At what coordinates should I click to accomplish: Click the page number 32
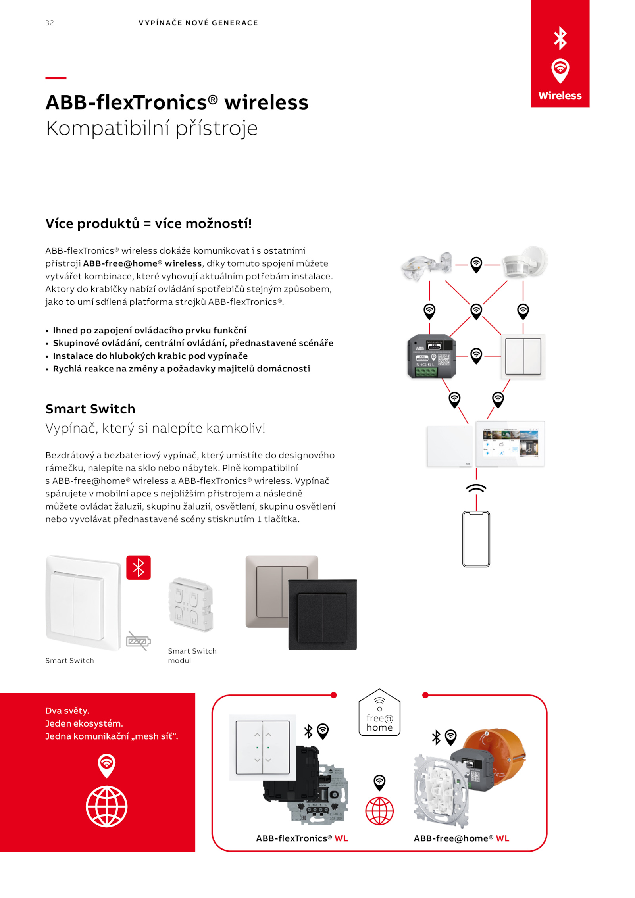[x=49, y=23]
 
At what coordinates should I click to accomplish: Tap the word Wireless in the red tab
[x=560, y=96]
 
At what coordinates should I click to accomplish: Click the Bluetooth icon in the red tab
[x=560, y=38]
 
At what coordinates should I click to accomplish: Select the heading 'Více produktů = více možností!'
[x=148, y=223]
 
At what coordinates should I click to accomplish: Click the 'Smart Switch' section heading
[x=90, y=409]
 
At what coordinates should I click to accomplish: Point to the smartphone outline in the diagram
[x=476, y=539]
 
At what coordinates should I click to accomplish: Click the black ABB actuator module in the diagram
[x=431, y=356]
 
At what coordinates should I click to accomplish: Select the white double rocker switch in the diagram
[x=523, y=356]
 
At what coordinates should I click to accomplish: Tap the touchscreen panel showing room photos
[x=510, y=444]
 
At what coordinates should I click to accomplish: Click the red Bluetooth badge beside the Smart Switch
[x=138, y=567]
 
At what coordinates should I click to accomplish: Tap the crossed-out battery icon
[x=138, y=640]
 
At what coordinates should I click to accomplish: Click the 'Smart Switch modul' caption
[x=192, y=655]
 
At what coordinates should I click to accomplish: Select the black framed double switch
[x=322, y=614]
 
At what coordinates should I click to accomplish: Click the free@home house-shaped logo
[x=379, y=713]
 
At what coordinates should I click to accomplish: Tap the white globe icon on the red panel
[x=106, y=806]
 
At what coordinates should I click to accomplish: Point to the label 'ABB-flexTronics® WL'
[x=302, y=838]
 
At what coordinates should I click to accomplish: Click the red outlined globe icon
[x=379, y=811]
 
